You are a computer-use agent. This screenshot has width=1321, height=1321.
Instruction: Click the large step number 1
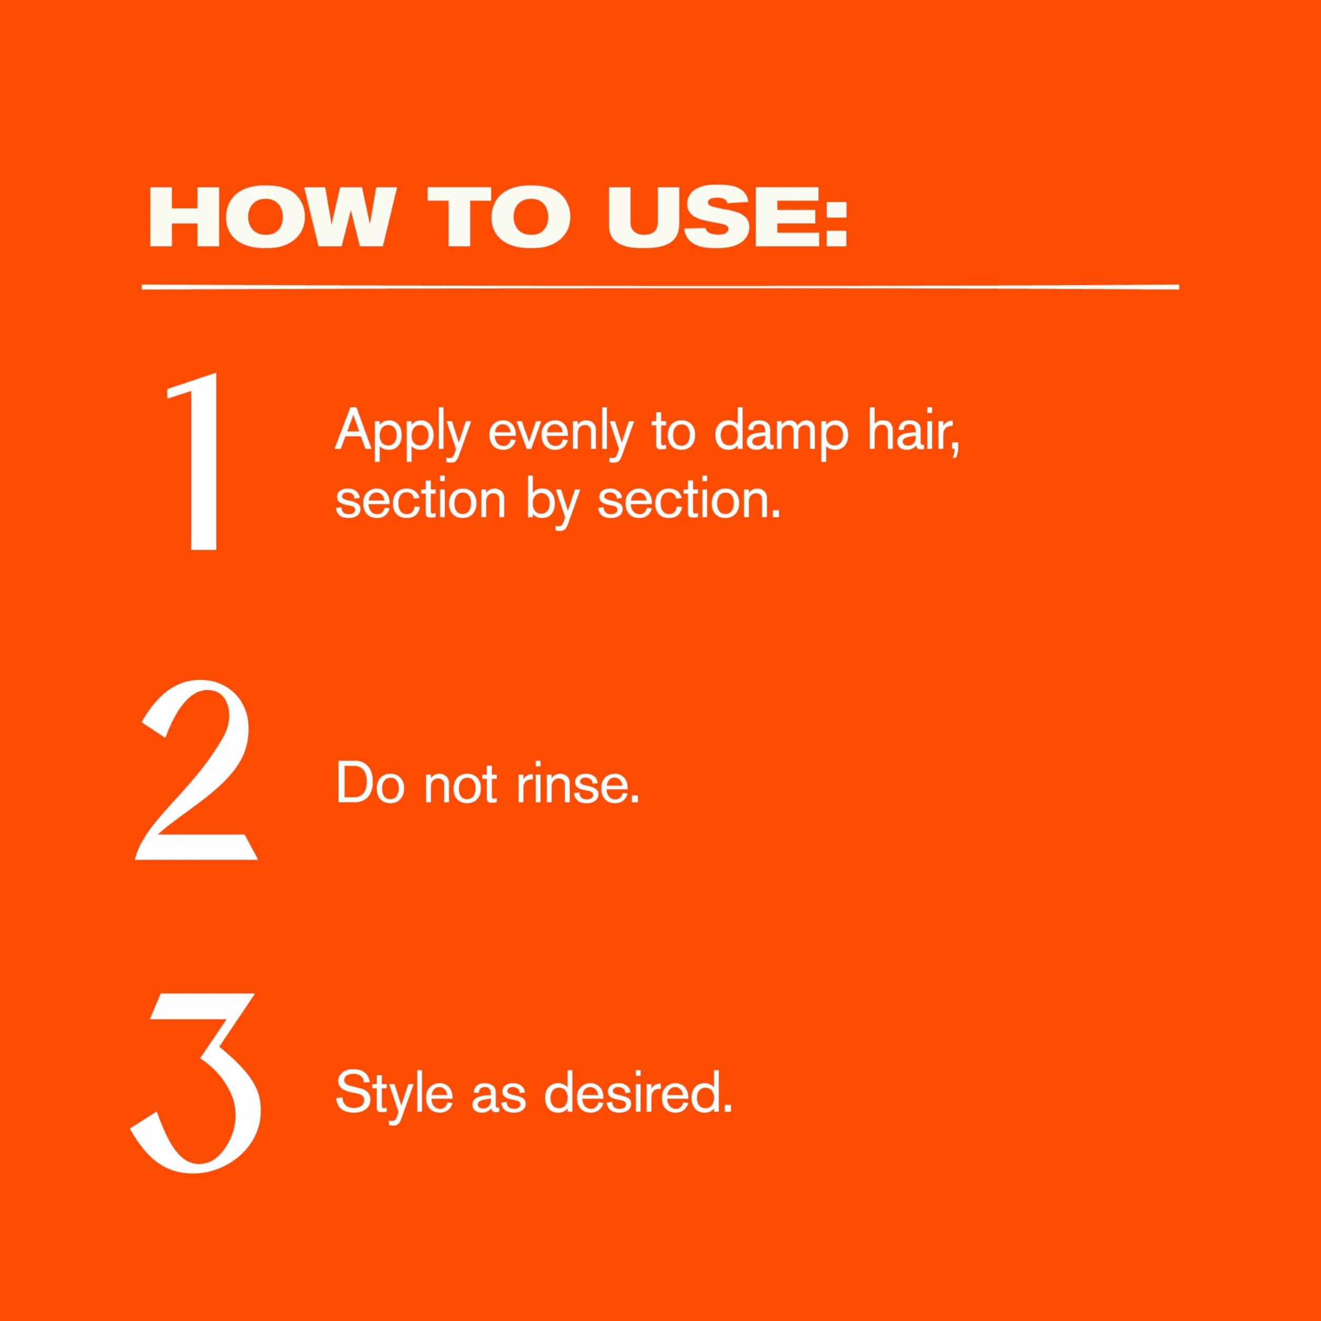[x=195, y=462]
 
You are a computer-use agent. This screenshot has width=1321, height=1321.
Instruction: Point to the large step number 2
[x=196, y=770]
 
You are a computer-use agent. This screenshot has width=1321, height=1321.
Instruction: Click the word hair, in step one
[x=914, y=432]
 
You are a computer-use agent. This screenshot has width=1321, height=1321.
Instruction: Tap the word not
[x=459, y=786]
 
